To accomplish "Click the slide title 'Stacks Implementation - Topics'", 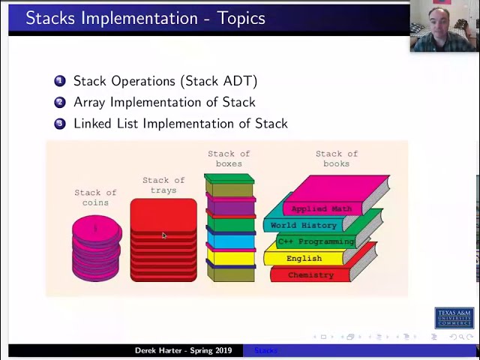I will coord(145,18).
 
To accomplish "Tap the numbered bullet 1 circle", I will coord(60,81).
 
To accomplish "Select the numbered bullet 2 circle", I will coord(60,102).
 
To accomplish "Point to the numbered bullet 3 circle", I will coord(60,124).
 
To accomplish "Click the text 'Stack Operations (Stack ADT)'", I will coord(165,81).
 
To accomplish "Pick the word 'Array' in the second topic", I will coord(91,102).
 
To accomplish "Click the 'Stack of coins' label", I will coord(95,197).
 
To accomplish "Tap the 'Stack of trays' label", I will coord(163,185).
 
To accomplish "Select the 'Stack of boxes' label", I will coord(229,158).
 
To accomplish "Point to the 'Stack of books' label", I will coord(336,158).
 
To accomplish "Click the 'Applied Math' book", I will coord(321,208).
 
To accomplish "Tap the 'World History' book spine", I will coord(303,225).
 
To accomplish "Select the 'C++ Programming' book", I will coord(316,241).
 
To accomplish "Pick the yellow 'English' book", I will coord(304,258).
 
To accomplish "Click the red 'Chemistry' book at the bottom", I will coord(310,275).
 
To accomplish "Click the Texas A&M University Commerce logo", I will coord(454,318).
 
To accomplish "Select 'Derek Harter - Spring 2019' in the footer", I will coord(183,350).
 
